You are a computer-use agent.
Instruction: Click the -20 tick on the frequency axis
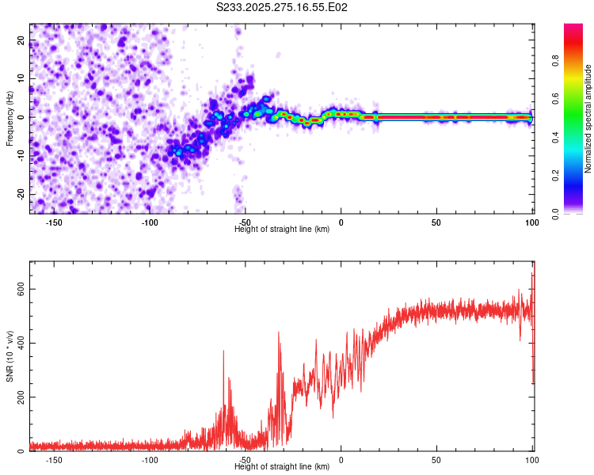[21, 194]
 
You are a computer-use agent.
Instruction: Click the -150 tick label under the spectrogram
[55, 222]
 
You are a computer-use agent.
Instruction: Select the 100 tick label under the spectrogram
[531, 222]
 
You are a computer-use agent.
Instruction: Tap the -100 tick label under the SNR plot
[150, 460]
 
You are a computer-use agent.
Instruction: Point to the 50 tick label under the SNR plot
[436, 460]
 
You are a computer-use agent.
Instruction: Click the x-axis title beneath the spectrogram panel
[282, 230]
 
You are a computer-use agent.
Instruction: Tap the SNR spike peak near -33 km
[279, 332]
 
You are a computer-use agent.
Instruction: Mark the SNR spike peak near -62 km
[223, 351]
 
